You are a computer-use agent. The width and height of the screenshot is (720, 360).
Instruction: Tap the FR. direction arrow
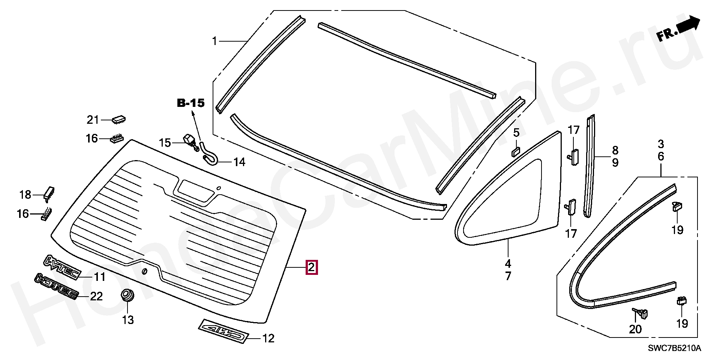tap(678, 30)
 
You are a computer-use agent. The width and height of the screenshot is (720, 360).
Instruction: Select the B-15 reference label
tap(191, 103)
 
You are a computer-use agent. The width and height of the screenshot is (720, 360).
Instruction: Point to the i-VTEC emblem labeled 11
tap(62, 267)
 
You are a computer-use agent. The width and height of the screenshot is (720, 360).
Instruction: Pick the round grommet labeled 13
tap(128, 295)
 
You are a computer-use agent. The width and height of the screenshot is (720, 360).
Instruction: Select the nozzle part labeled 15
tap(191, 142)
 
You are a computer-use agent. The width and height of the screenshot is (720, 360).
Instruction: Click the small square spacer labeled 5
tap(516, 151)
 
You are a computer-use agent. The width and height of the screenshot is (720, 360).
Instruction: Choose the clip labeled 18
tap(49, 192)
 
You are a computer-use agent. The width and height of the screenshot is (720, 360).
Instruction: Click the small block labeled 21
tap(118, 119)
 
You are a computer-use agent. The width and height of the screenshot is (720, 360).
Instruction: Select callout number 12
tap(268, 339)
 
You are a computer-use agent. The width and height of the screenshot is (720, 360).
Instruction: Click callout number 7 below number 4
tap(508, 276)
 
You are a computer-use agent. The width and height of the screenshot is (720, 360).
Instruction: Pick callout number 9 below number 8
tap(615, 162)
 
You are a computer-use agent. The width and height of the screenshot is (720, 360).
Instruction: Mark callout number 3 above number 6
tap(661, 144)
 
